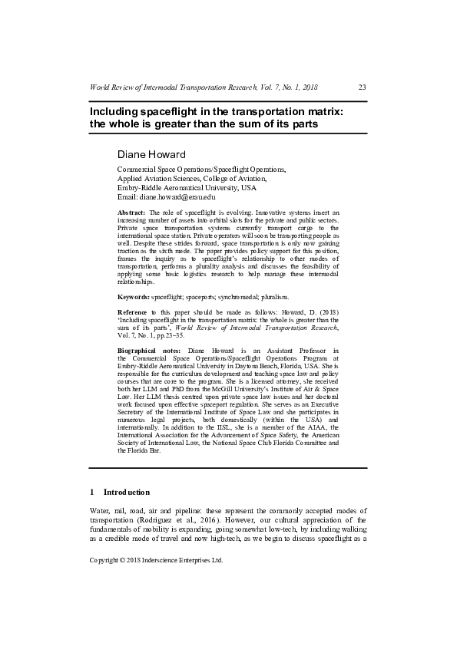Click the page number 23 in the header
point(363,87)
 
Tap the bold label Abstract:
point(131,211)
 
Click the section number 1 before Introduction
point(92,492)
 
